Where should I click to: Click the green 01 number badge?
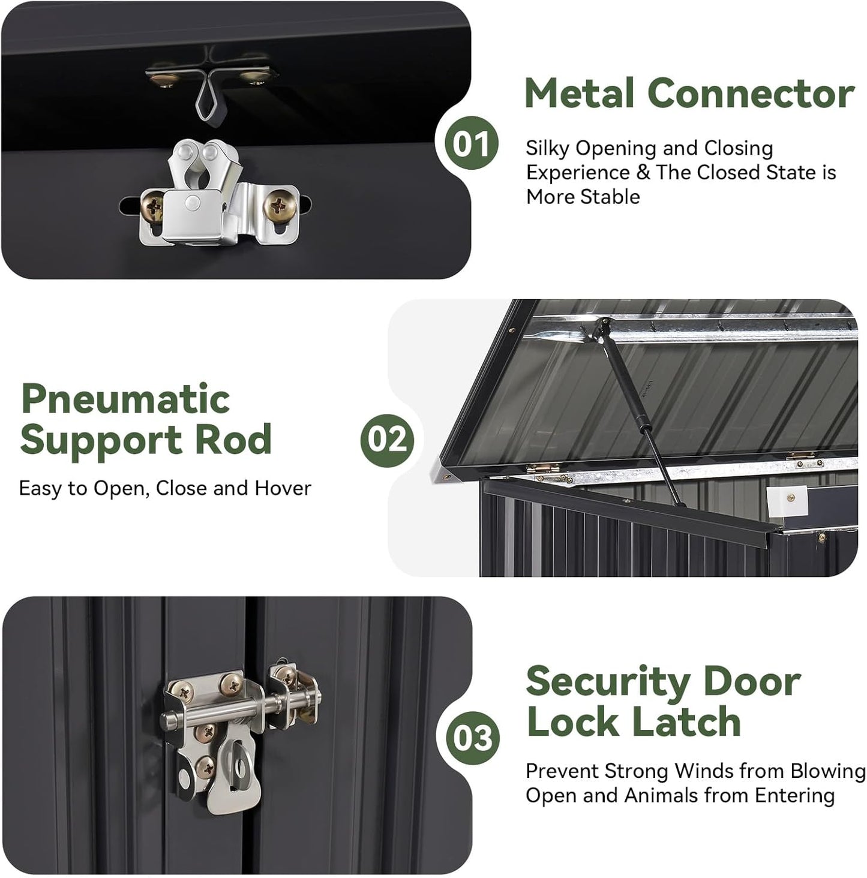click(470, 143)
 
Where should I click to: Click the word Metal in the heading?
click(579, 94)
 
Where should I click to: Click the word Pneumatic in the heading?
click(125, 398)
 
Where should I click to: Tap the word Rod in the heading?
click(233, 439)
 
